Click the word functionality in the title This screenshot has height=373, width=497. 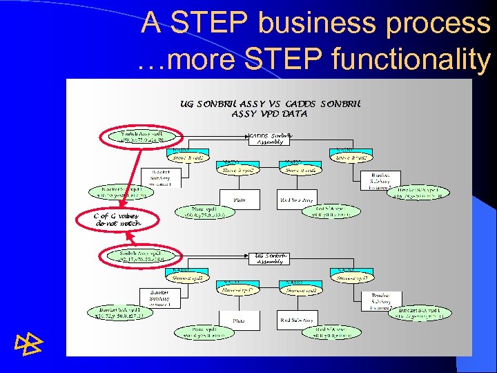(x=410, y=59)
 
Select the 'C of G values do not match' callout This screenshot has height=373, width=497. (x=117, y=220)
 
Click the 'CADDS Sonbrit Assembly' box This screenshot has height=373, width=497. (x=269, y=138)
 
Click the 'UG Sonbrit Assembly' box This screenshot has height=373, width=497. (x=269, y=258)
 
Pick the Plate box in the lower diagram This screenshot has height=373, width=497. (x=239, y=321)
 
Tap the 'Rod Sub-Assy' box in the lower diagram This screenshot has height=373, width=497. (x=295, y=320)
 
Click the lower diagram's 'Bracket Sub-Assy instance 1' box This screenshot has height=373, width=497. (x=159, y=298)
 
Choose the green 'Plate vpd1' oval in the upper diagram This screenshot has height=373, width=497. (x=207, y=212)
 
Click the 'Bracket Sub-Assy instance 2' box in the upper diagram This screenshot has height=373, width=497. (x=380, y=180)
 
